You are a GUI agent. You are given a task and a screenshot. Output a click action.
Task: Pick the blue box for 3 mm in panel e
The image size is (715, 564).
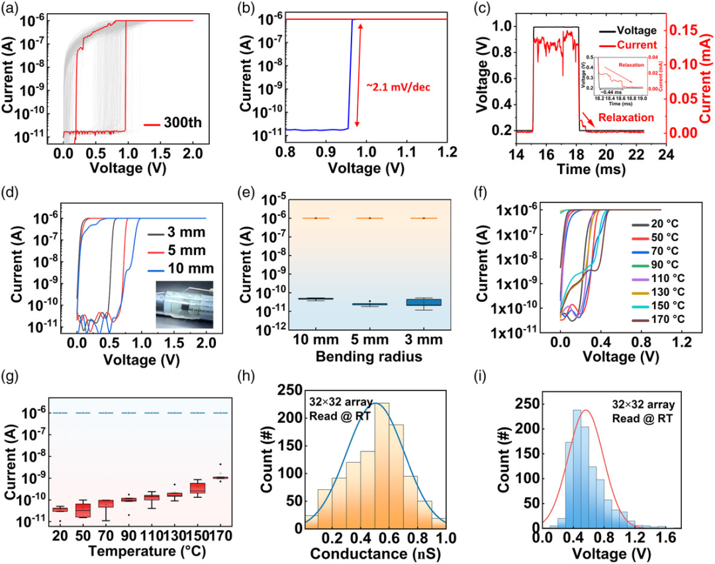click(x=424, y=302)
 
